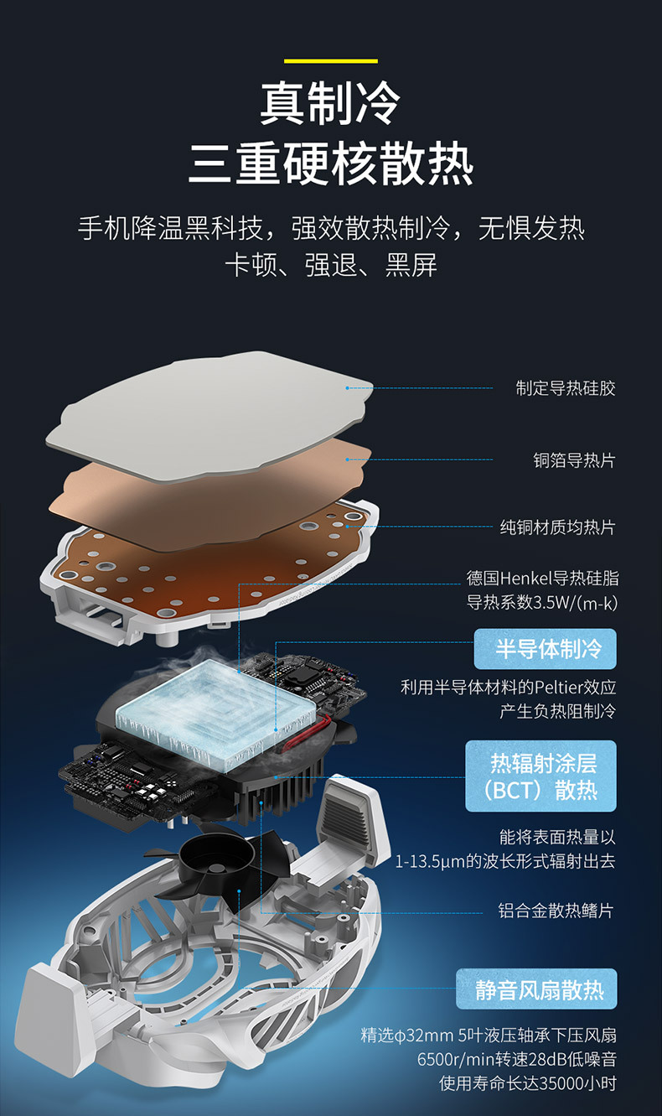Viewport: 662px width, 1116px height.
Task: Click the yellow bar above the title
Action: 331,61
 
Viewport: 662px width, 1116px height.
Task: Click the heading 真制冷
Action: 331,102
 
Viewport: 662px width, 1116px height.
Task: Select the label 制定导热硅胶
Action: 566,388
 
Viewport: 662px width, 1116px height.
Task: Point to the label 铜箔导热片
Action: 574,459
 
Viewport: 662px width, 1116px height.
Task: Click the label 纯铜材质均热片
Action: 557,527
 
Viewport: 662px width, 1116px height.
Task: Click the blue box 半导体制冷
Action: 545,649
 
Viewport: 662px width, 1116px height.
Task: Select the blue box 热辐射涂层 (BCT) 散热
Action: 540,776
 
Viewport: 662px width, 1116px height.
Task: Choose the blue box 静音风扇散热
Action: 536,989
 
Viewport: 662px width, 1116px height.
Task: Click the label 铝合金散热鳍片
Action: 556,911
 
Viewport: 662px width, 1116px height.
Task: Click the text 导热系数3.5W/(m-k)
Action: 541,603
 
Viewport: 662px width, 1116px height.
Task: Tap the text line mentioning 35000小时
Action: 528,1083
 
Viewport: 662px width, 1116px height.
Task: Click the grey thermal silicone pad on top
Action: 209,411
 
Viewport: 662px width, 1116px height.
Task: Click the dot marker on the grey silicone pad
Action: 348,387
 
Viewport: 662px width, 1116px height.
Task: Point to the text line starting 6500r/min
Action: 516,1060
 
